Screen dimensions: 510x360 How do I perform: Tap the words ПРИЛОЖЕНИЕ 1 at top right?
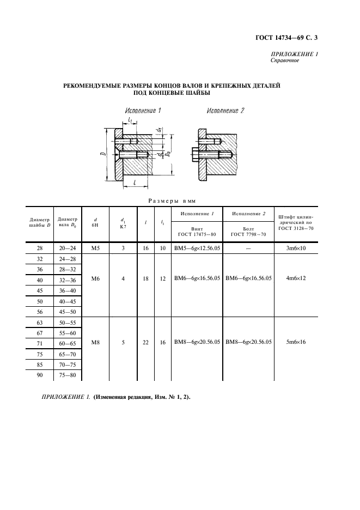pyautogui.click(x=294, y=54)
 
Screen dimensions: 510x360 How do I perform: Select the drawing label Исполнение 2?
pyautogui.click(x=225, y=111)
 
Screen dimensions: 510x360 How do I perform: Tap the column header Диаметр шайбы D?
pyautogui.click(x=39, y=223)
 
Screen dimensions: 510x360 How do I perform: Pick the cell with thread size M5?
pyautogui.click(x=95, y=248)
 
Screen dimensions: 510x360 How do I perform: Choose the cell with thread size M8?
pyautogui.click(x=95, y=343)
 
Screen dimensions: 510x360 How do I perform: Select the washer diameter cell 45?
pyautogui.click(x=39, y=290)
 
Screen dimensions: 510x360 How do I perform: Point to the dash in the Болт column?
pyautogui.click(x=248, y=248)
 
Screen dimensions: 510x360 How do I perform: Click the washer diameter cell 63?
pyautogui.click(x=39, y=322)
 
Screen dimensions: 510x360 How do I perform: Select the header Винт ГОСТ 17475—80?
pyautogui.click(x=197, y=232)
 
